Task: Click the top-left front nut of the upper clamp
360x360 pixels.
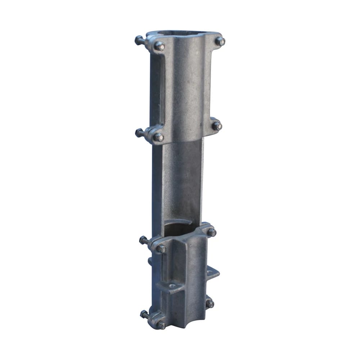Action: pyautogui.click(x=159, y=46)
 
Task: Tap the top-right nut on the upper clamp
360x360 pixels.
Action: pyautogui.click(x=220, y=41)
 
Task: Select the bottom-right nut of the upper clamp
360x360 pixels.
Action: pyautogui.click(x=216, y=126)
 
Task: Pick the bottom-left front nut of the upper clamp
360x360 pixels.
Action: pyautogui.click(x=158, y=137)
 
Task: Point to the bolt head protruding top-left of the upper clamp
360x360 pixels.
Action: pyautogui.click(x=139, y=40)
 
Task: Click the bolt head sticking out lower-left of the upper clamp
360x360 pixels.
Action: pyautogui.click(x=139, y=132)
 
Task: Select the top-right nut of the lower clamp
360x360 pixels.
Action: pyautogui.click(x=212, y=233)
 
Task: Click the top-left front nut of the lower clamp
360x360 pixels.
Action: pyautogui.click(x=161, y=248)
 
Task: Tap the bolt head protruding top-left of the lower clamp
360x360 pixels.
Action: pyautogui.click(x=143, y=240)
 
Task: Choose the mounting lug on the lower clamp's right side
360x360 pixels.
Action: pyautogui.click(x=212, y=274)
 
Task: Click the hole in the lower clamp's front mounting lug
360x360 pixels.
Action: pyautogui.click(x=172, y=287)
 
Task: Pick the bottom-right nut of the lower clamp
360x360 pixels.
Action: pyautogui.click(x=210, y=304)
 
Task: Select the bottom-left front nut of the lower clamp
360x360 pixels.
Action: pyautogui.click(x=161, y=325)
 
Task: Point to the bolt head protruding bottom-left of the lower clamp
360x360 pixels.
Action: pyautogui.click(x=144, y=314)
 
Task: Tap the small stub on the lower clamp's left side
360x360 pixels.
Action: pyautogui.click(x=149, y=260)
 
